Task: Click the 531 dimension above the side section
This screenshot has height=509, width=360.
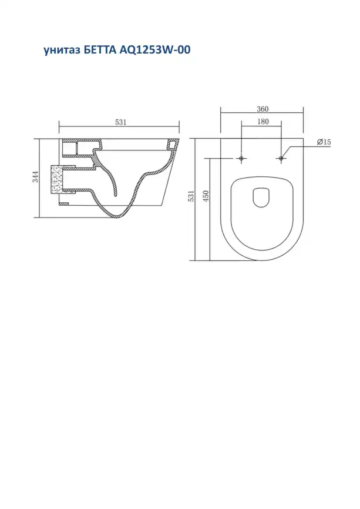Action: click(120, 122)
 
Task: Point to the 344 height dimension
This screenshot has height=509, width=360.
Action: click(35, 176)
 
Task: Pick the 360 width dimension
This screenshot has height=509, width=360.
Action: click(263, 109)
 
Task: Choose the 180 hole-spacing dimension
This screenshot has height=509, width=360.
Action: click(263, 122)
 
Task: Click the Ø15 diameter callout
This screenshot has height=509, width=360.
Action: click(324, 142)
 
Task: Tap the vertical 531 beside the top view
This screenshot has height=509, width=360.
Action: click(191, 196)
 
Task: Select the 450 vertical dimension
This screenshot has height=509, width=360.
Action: click(206, 196)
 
